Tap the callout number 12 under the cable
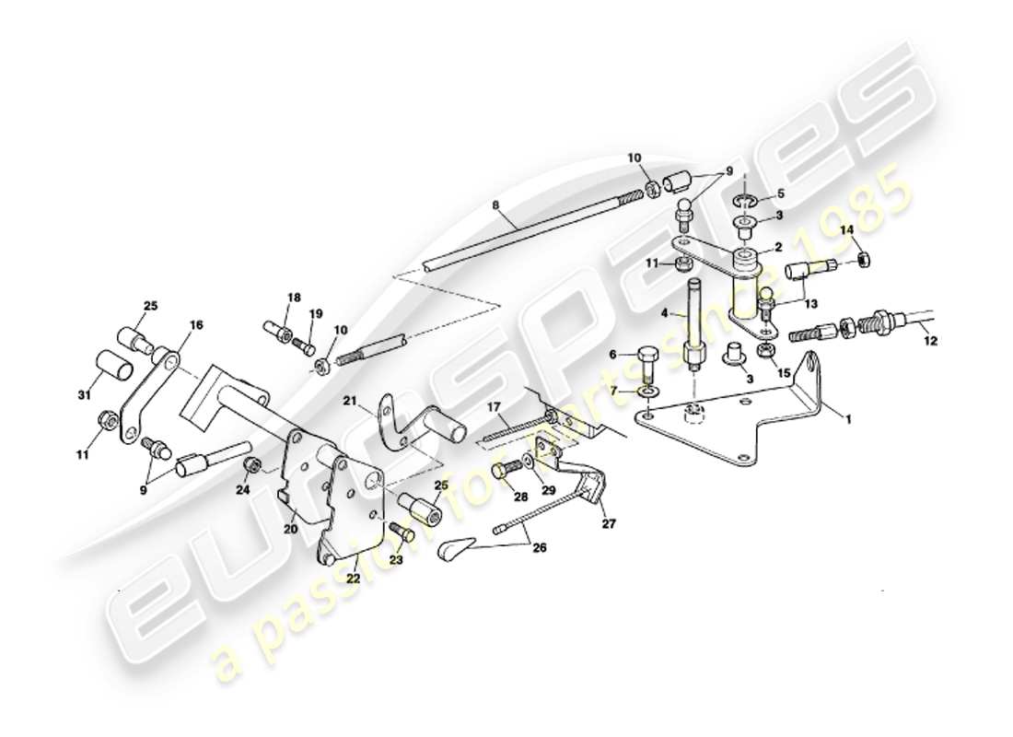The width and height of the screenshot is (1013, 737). tap(930, 341)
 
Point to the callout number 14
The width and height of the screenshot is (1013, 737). tap(847, 228)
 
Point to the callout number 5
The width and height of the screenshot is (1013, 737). tap(780, 194)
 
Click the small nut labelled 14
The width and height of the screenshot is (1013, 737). tap(864, 260)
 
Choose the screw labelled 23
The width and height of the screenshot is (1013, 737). tap(402, 532)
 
